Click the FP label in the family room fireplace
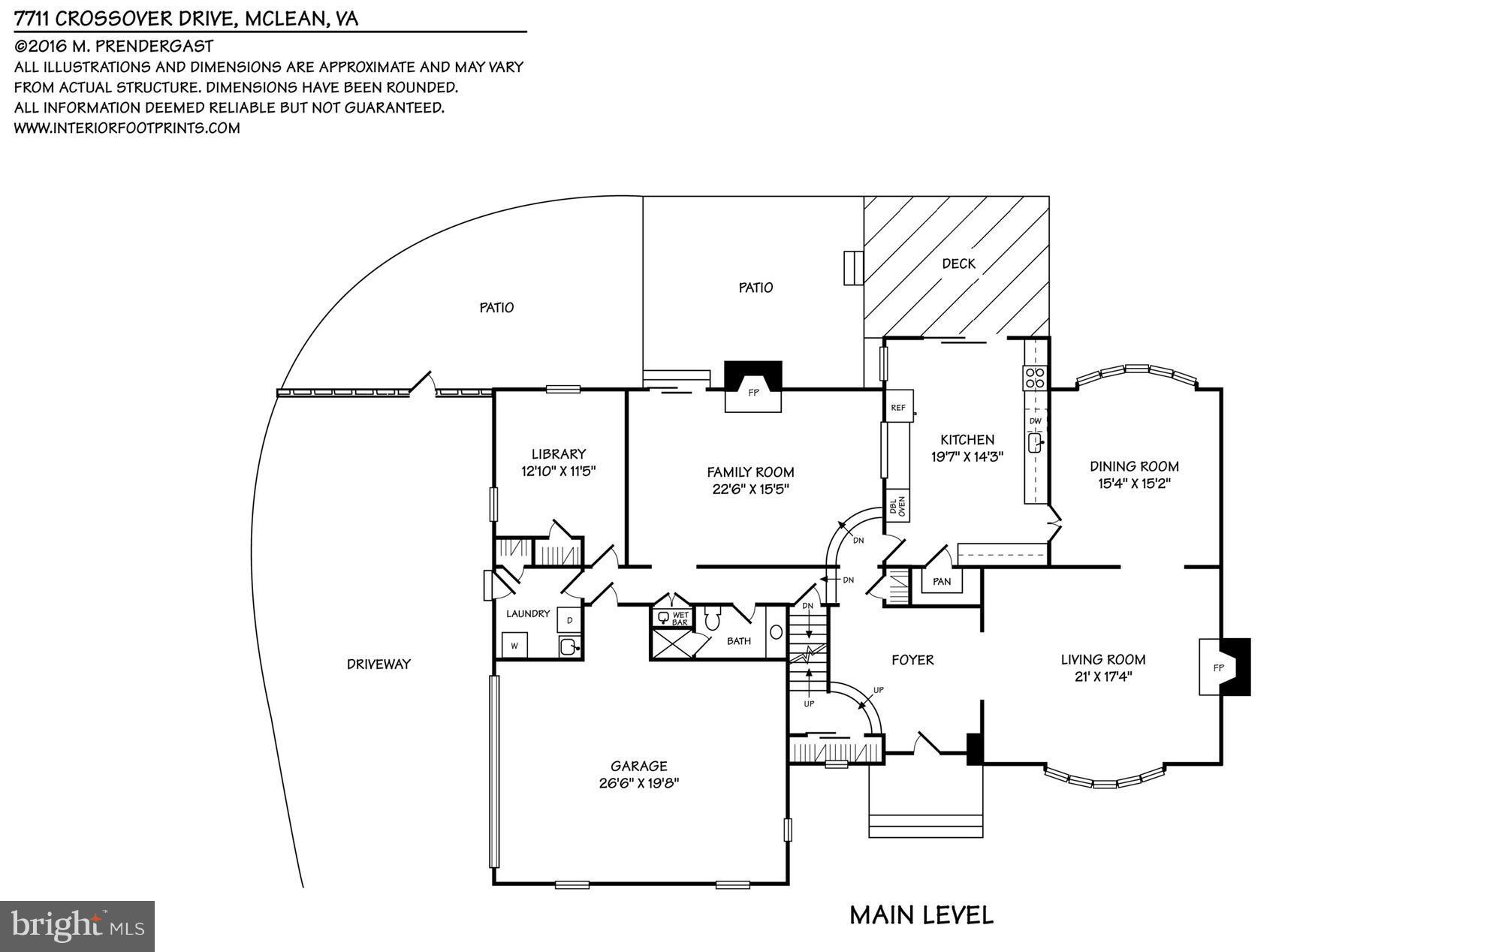(x=753, y=393)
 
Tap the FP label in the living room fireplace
(x=1218, y=667)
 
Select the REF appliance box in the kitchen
(x=898, y=407)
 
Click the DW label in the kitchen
(x=1035, y=421)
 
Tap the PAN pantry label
(x=942, y=581)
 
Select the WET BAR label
(x=680, y=619)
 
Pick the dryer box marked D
(x=569, y=620)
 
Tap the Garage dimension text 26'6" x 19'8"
(x=638, y=783)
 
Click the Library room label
(x=558, y=454)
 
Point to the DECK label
(x=958, y=264)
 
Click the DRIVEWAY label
(x=379, y=664)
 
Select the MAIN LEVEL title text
(x=921, y=915)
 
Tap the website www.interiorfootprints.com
(x=127, y=128)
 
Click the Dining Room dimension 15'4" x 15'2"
(x=1134, y=484)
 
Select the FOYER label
(x=912, y=660)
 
